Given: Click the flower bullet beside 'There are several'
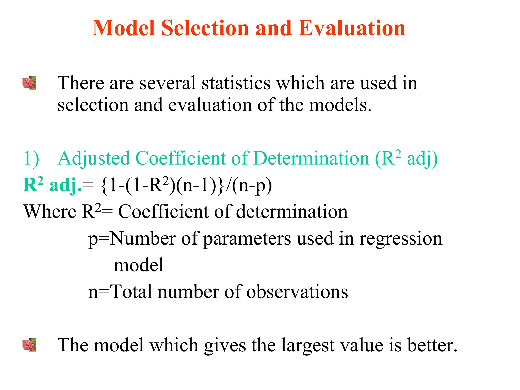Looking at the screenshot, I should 29,83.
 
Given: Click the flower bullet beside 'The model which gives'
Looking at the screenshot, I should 29,345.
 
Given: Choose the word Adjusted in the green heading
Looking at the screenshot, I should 94,158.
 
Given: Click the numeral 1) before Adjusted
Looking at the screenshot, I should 31,158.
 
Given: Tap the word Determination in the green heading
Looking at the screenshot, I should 311,158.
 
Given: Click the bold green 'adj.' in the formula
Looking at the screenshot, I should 66,185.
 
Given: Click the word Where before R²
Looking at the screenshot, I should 50,212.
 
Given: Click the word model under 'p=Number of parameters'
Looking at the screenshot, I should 139,265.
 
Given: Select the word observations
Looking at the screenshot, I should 297,292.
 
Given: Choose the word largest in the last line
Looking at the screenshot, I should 307,345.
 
